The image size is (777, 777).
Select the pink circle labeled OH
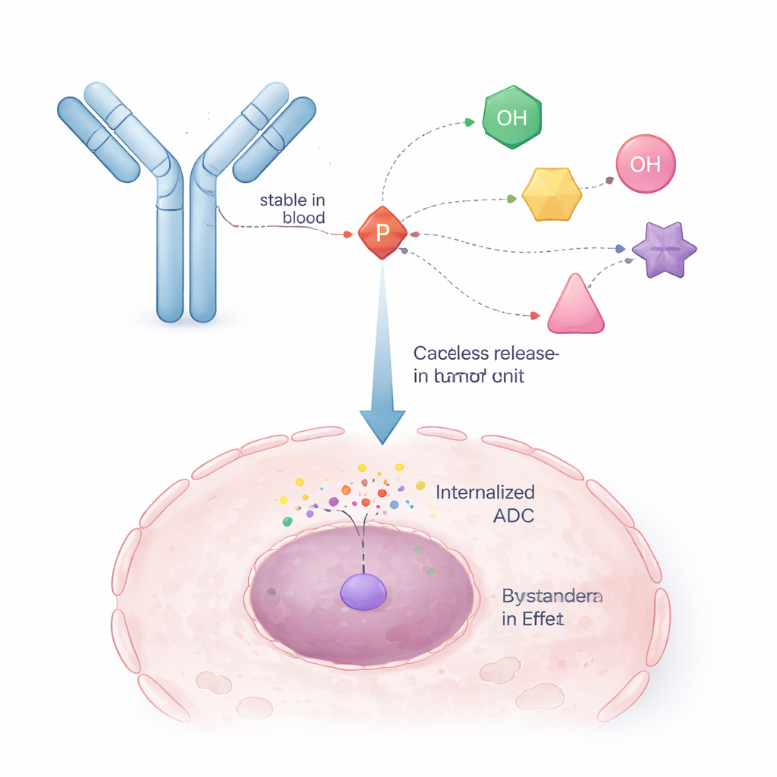[645, 164]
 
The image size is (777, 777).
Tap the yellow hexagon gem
[552, 194]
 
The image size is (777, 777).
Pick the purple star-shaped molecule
[664, 250]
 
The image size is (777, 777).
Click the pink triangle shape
[575, 305]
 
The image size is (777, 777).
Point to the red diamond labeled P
[382, 232]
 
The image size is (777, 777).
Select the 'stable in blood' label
[292, 209]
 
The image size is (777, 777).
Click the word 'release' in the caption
[524, 354]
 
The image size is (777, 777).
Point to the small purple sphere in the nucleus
[363, 590]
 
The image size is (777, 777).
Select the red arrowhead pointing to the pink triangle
[534, 315]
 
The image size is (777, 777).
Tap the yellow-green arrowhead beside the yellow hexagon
[511, 199]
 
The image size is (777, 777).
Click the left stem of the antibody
[170, 258]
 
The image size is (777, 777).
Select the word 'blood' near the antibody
[304, 218]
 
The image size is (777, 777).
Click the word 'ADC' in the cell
[513, 515]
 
